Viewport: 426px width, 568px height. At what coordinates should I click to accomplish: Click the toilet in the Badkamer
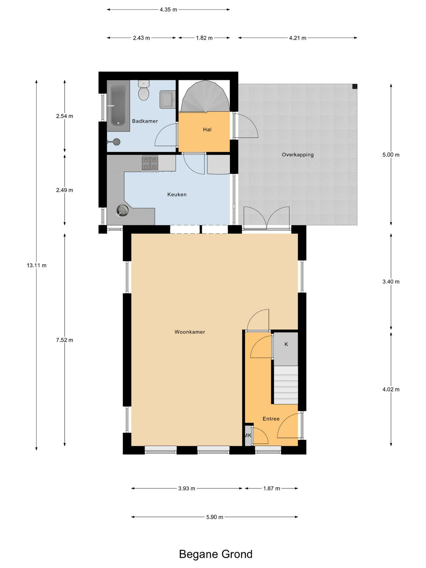click(143, 90)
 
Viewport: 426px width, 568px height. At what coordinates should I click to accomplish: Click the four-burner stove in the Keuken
click(150, 163)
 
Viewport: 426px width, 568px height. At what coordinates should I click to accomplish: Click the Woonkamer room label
click(190, 332)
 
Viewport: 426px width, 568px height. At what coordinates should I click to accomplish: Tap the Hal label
click(207, 129)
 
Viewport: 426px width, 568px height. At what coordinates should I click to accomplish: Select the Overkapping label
click(297, 155)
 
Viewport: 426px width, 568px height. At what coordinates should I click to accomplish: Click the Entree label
click(271, 419)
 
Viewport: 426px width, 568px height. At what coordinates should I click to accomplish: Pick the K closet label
click(286, 344)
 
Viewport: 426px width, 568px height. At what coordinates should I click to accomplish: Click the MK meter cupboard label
click(248, 435)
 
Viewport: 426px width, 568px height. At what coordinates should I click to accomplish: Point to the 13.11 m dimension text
click(37, 265)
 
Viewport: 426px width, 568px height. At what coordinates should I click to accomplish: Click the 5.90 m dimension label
click(215, 517)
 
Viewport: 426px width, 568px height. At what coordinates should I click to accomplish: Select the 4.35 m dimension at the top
click(168, 10)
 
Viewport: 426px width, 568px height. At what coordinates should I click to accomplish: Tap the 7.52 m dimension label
click(64, 340)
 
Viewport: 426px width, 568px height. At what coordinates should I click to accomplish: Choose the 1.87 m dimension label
click(272, 488)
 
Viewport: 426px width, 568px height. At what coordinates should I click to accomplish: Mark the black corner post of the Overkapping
click(355, 86)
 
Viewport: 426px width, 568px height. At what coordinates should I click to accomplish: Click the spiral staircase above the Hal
click(205, 96)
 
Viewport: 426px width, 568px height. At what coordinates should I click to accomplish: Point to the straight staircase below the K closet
click(286, 385)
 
